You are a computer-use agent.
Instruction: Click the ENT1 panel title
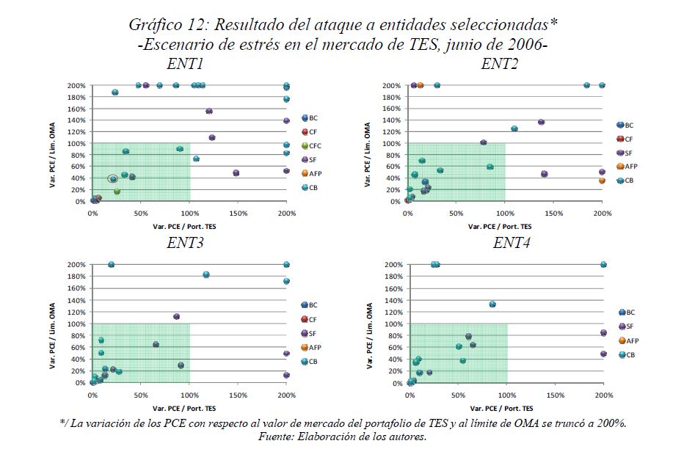186,63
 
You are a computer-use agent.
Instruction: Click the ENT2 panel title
501,63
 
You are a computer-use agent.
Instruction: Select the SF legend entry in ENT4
629,326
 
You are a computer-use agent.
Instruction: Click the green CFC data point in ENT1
117,191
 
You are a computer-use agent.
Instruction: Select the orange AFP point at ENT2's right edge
602,180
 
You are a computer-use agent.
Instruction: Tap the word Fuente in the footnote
279,437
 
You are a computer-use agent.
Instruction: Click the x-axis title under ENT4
506,407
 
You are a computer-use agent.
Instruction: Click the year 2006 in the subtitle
523,43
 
